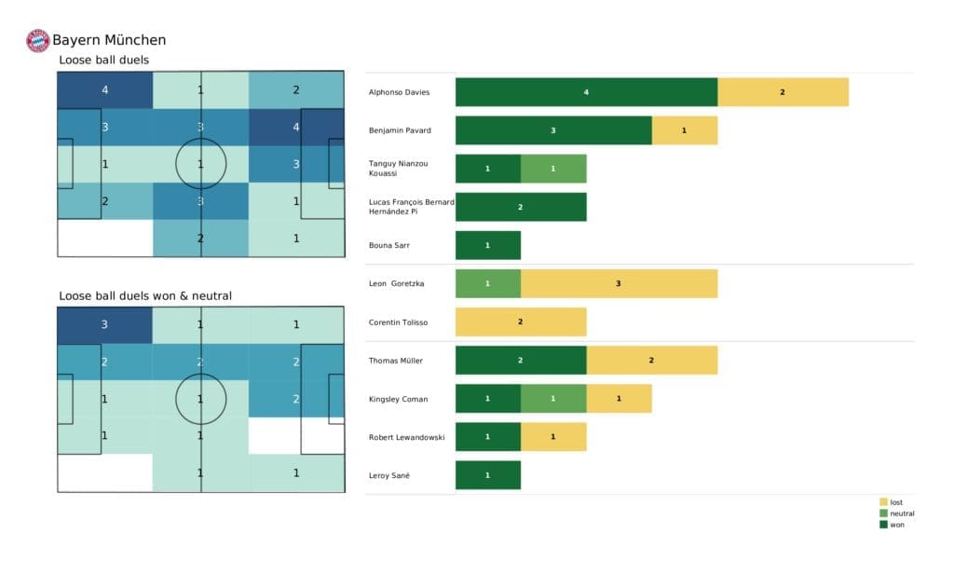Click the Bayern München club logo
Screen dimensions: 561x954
click(x=37, y=40)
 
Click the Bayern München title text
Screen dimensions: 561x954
click(x=109, y=40)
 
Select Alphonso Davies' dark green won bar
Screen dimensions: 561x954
click(x=586, y=92)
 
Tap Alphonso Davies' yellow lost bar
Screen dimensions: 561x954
click(x=783, y=92)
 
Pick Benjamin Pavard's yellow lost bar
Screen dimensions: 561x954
click(x=684, y=130)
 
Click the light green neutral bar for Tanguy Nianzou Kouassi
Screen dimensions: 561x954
click(x=552, y=169)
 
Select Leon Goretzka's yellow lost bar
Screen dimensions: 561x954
click(x=619, y=283)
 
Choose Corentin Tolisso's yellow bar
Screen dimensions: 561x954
click(x=521, y=322)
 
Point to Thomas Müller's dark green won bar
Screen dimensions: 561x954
click(x=521, y=361)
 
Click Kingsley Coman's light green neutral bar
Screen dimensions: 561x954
click(x=552, y=399)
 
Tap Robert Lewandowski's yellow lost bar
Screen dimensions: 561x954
click(x=552, y=437)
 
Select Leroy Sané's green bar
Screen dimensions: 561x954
click(x=487, y=475)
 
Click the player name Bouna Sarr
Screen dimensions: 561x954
click(x=390, y=245)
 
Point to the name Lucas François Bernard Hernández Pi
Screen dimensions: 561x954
click(x=411, y=207)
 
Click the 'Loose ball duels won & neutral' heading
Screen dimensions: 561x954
click(x=145, y=295)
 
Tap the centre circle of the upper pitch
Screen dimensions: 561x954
click(x=200, y=164)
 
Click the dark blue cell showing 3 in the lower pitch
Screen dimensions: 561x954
click(x=104, y=324)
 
